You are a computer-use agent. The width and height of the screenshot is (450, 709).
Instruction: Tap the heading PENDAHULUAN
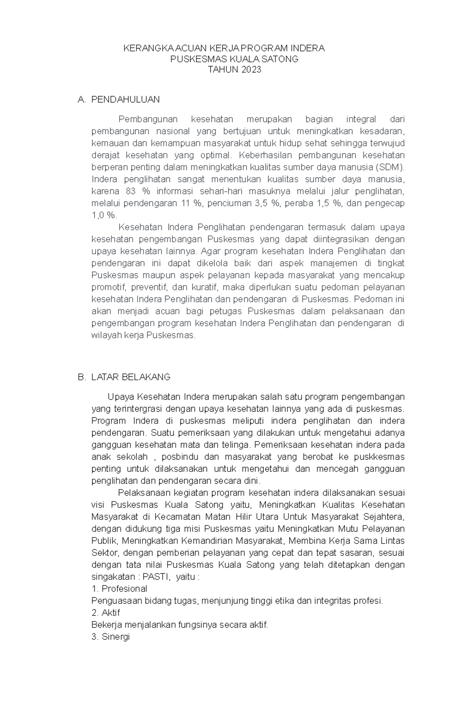(x=125, y=99)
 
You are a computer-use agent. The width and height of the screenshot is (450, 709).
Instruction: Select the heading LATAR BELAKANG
(x=130, y=377)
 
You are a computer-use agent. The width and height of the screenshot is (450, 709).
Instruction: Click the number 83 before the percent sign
(x=130, y=191)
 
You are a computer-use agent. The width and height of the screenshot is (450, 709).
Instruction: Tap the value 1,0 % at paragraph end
(x=104, y=215)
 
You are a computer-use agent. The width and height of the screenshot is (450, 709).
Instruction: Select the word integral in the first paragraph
(x=361, y=119)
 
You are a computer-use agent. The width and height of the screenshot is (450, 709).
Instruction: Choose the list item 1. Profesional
(x=119, y=589)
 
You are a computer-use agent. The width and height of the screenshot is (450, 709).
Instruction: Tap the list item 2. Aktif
(x=106, y=613)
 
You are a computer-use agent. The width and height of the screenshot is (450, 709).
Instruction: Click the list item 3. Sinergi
(x=110, y=637)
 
